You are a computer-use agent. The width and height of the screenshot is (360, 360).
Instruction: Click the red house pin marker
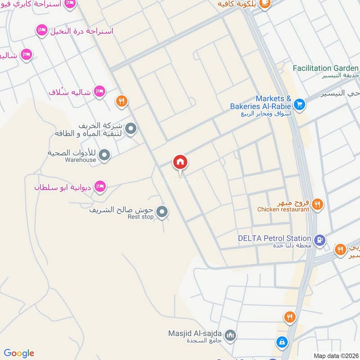[180, 162]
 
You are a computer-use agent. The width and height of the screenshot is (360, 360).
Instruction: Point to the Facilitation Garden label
[325, 68]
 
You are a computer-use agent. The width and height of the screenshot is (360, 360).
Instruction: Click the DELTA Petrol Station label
[275, 238]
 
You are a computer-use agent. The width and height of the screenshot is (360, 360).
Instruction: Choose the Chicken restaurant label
[283, 209]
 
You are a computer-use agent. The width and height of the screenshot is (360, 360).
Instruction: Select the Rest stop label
[140, 217]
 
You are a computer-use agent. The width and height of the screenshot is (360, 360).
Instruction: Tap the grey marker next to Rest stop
[162, 211]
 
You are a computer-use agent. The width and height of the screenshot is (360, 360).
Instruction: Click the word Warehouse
[80, 160]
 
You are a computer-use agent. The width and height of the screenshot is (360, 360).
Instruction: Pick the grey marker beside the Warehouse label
[104, 156]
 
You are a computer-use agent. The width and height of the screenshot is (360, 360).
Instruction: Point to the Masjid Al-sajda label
[194, 334]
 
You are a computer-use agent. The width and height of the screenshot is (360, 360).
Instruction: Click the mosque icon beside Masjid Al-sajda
[230, 335]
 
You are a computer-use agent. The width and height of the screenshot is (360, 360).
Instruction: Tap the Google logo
[19, 353]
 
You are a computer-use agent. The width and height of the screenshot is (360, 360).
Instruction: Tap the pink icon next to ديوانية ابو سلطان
[100, 186]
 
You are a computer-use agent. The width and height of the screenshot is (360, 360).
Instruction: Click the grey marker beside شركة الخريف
[131, 129]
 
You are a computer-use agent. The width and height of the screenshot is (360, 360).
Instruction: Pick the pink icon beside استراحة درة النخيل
[41, 31]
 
